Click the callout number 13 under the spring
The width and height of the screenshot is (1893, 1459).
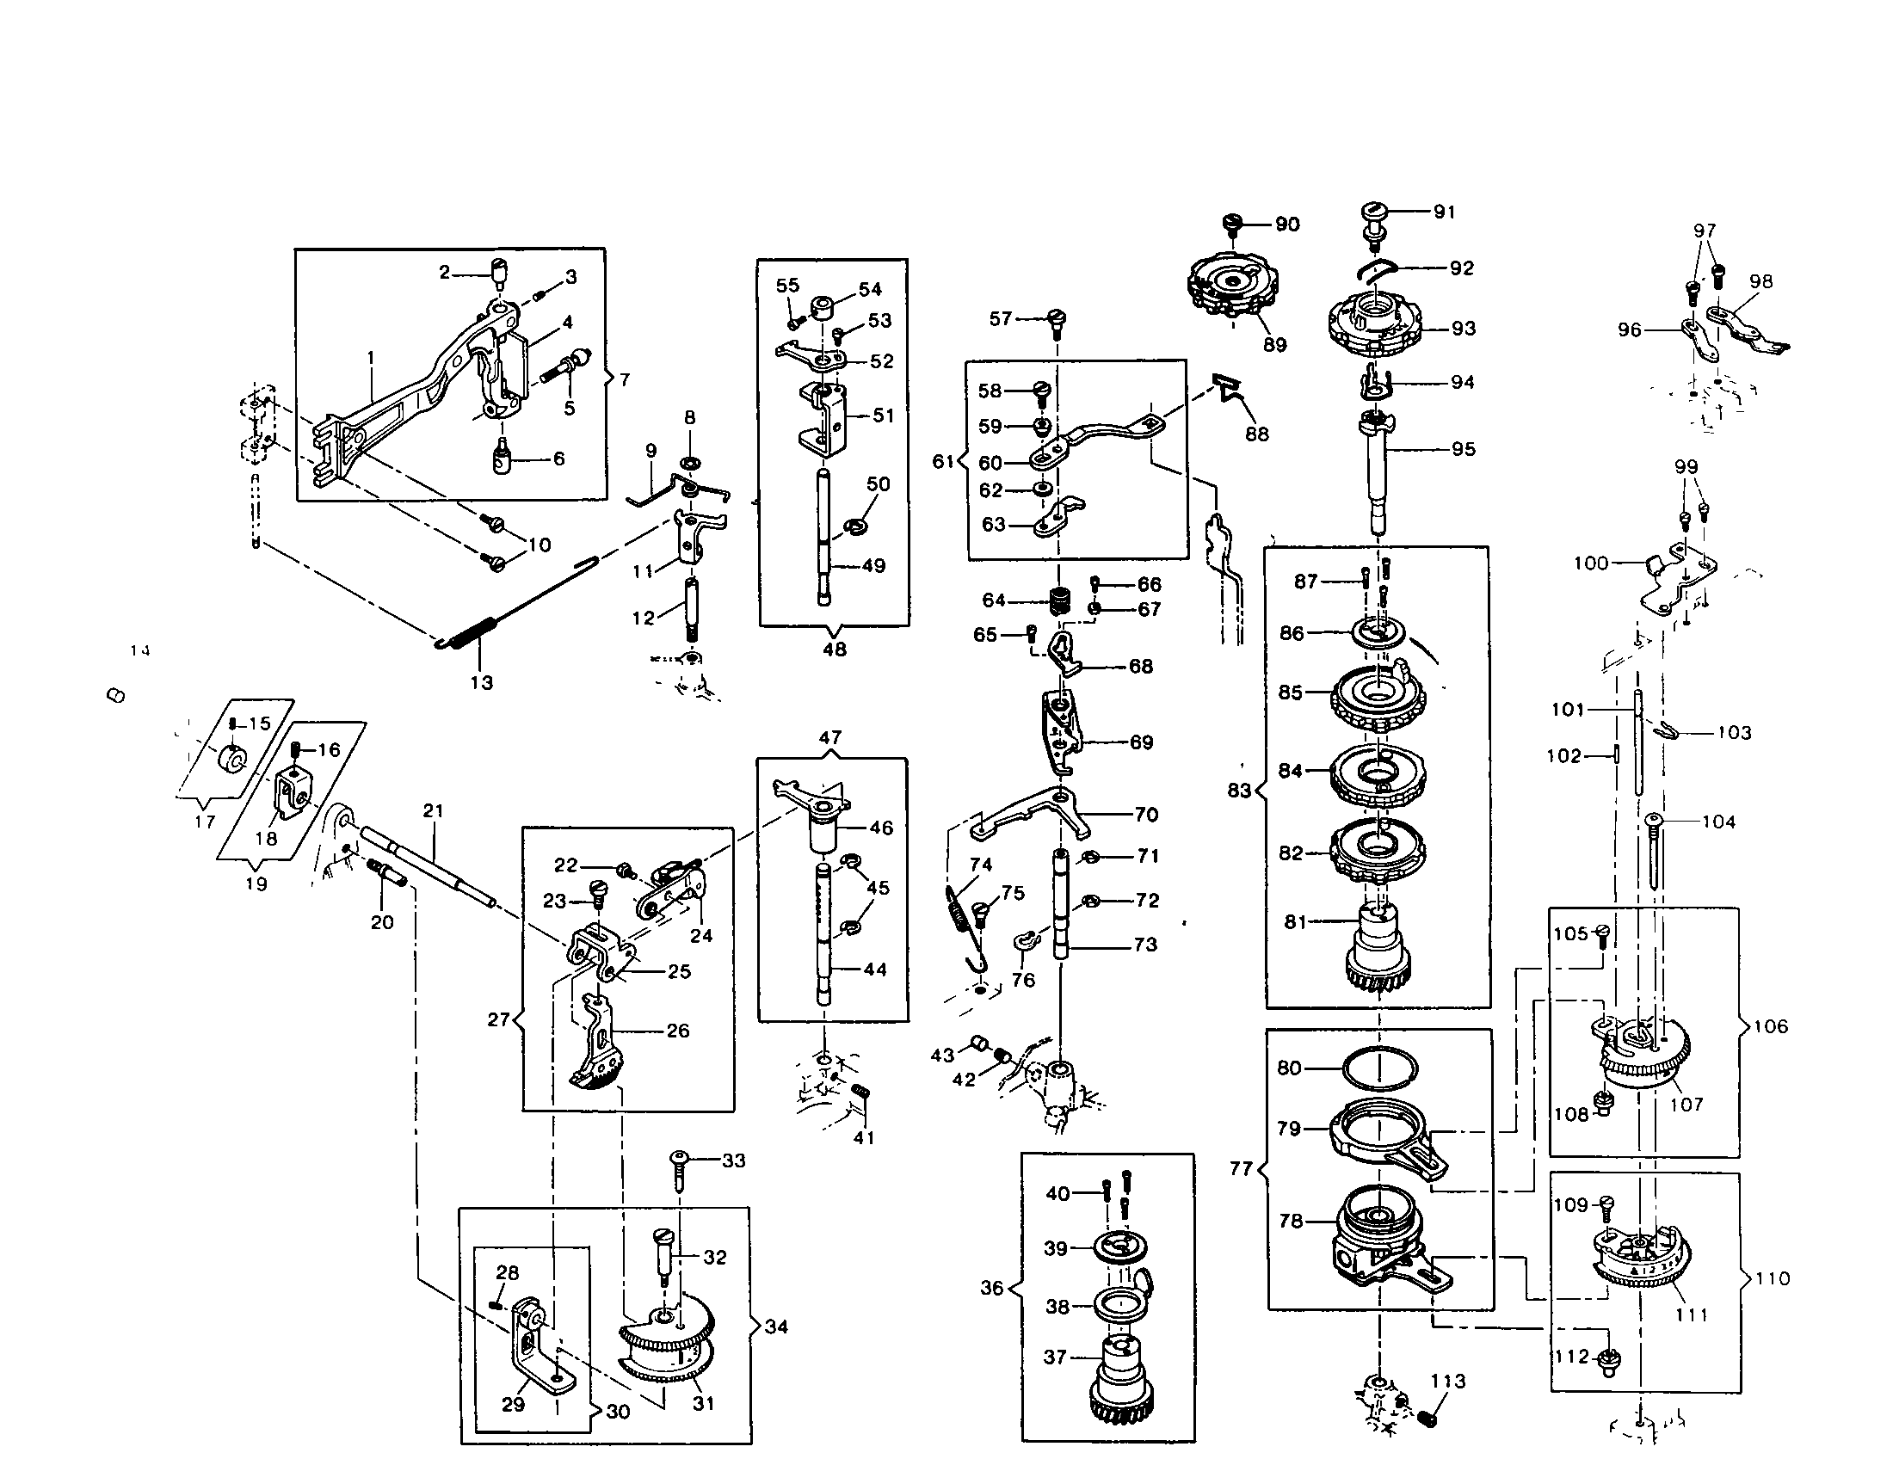point(482,683)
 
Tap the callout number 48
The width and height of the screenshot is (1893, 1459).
point(834,649)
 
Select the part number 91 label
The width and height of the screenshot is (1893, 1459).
point(1444,212)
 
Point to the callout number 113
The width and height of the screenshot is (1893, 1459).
point(1448,1381)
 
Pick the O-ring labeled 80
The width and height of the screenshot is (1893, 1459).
point(1380,1068)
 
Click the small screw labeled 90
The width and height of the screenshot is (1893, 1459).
point(1233,224)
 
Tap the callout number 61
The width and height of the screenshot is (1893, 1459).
point(942,462)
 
